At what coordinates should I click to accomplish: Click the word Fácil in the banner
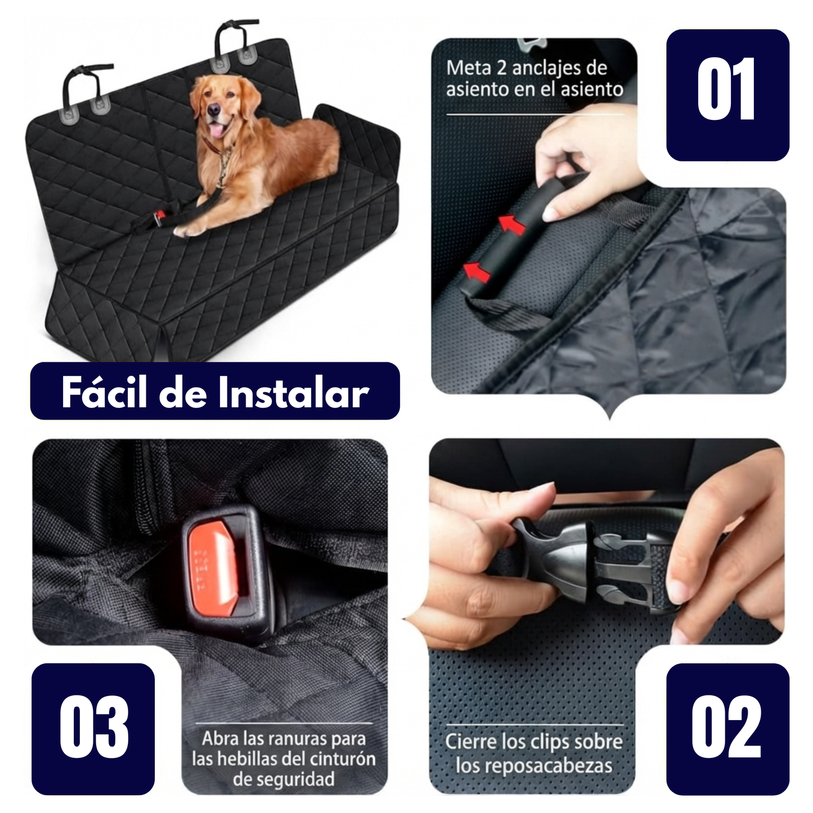103,392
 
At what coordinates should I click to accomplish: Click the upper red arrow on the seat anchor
513,224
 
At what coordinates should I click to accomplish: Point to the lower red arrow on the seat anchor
477,271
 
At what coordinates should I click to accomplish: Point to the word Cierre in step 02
470,742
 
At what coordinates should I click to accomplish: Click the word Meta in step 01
468,69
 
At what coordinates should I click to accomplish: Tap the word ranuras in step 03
299,738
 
